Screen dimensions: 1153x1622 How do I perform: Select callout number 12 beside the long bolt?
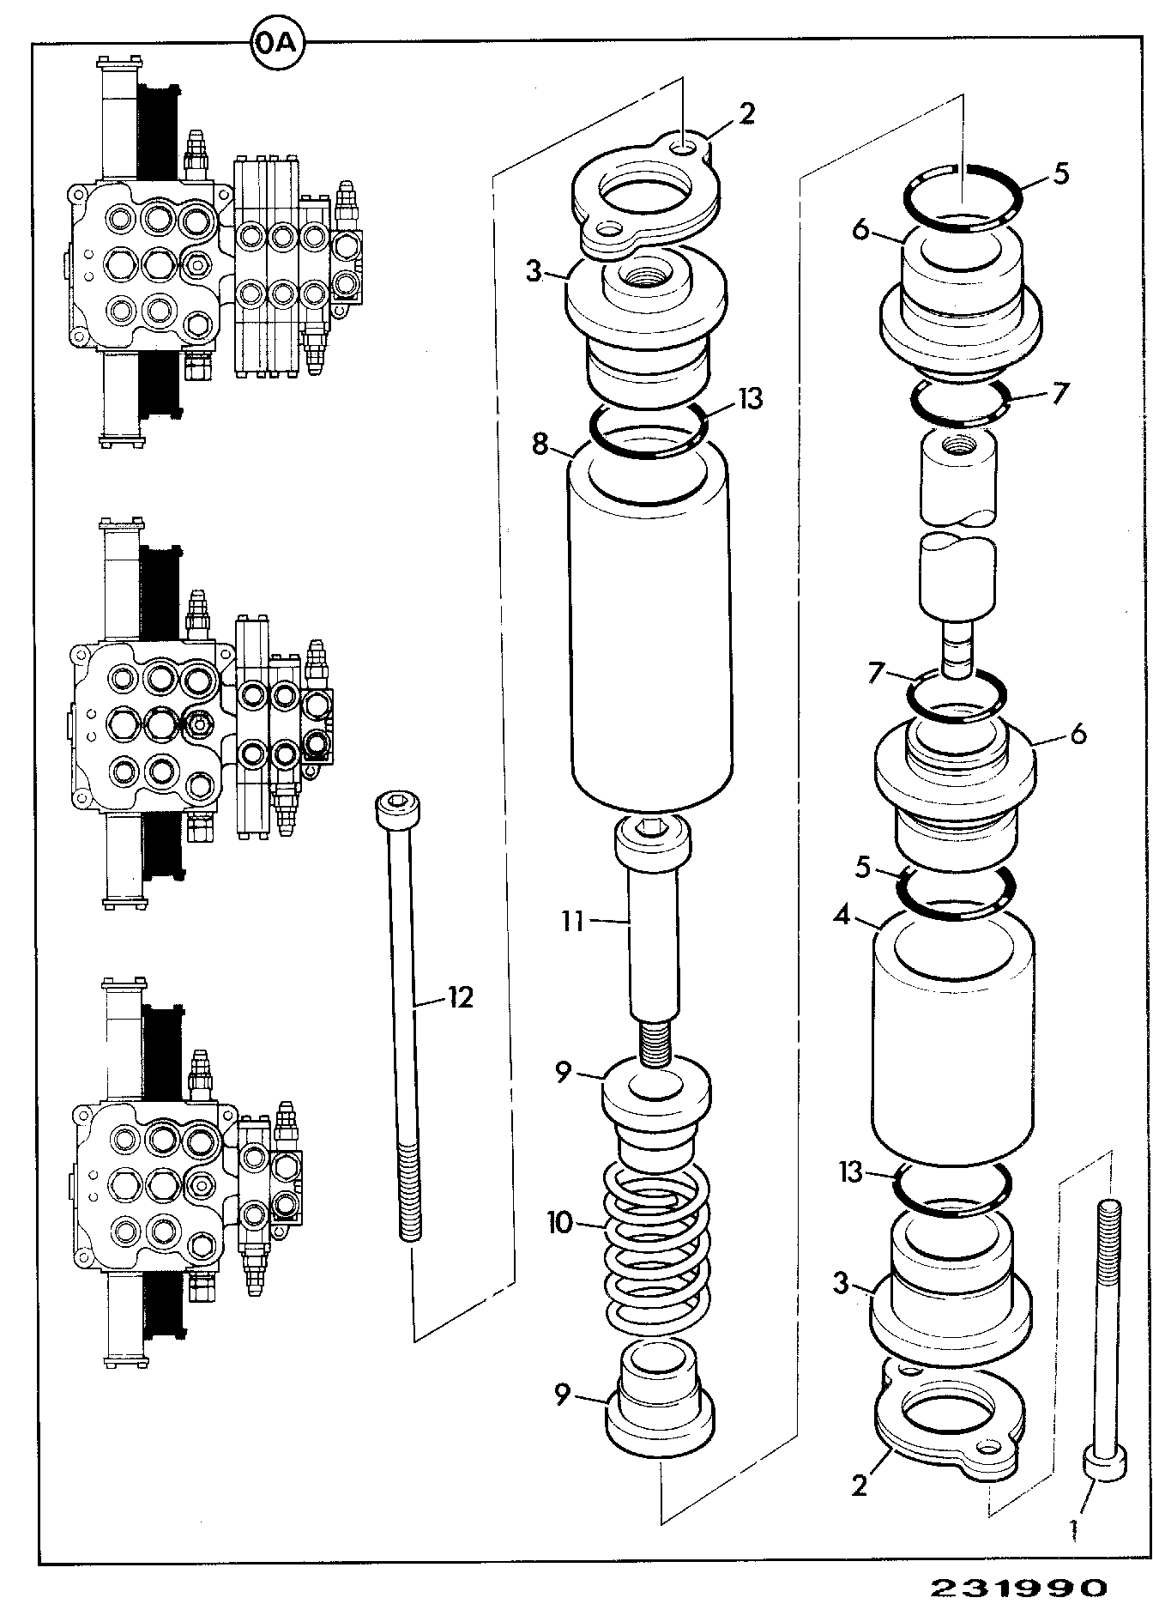(461, 997)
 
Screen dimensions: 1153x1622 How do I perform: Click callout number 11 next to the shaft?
(572, 922)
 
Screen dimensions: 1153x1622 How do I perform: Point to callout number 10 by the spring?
(560, 1222)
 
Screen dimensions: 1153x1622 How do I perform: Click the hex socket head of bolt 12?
(395, 808)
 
